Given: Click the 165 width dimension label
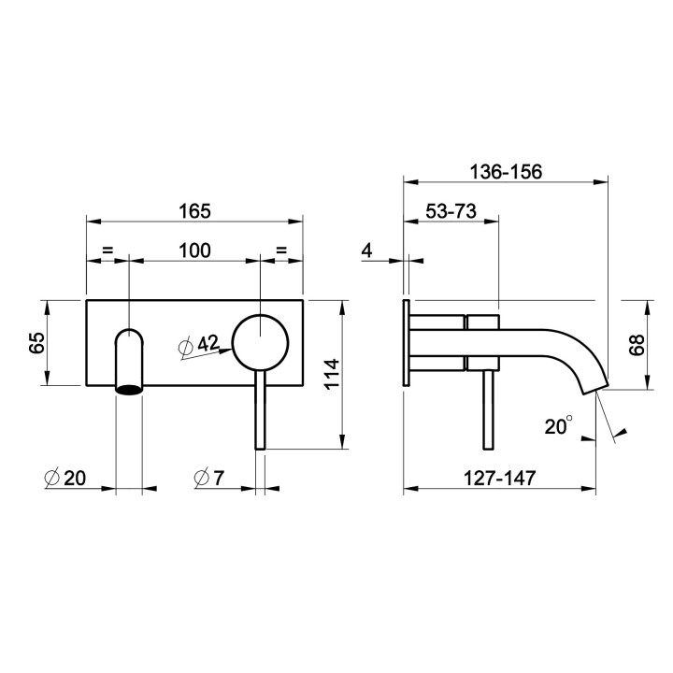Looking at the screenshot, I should tap(194, 210).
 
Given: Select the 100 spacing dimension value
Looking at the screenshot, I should tap(194, 251).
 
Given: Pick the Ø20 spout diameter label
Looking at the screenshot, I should tap(64, 478).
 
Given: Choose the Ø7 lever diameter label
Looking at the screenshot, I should tap(208, 478).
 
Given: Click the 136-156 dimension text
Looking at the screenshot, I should tap(505, 172).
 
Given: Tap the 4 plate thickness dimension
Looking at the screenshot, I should tap(366, 251).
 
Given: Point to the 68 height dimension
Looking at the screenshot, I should tap(637, 345).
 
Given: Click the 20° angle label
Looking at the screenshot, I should tap(558, 426).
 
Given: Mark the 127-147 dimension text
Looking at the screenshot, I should tap(500, 478).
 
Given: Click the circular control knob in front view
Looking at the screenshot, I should tap(260, 342).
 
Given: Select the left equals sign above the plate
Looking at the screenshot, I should tap(107, 251).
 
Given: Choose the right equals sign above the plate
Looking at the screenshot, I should tap(281, 251).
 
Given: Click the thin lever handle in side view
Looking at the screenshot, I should tap(485, 411).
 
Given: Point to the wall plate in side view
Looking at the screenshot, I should tap(407, 342).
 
